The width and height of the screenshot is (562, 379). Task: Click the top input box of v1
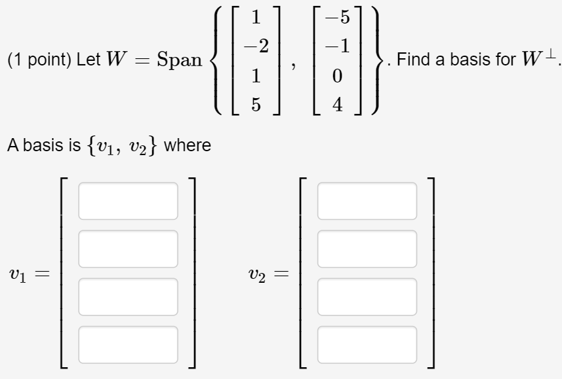click(128, 201)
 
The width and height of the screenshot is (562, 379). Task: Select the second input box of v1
click(128, 249)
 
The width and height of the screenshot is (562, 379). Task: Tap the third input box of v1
click(128, 297)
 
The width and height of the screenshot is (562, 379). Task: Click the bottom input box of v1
click(128, 344)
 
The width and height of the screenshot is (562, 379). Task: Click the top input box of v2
click(367, 201)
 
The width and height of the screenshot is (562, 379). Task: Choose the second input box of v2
click(367, 249)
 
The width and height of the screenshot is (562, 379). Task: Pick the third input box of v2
click(367, 297)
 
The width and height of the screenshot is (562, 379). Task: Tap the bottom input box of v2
click(367, 344)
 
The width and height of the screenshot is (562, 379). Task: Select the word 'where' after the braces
click(187, 145)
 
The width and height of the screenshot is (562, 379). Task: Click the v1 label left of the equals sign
click(18, 273)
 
